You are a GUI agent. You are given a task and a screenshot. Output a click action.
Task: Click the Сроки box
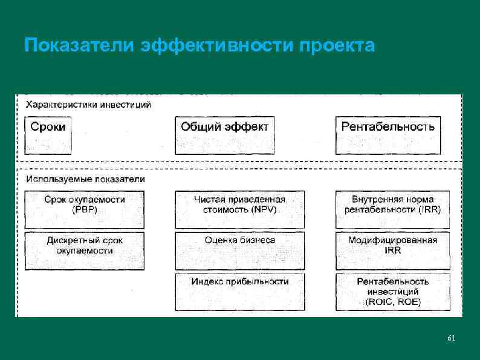[x=48, y=135]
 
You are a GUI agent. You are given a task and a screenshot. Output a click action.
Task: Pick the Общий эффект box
[x=224, y=135]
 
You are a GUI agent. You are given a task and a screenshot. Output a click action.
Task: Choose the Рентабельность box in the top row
[x=388, y=135]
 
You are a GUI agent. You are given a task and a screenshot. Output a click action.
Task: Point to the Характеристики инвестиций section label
[x=88, y=104]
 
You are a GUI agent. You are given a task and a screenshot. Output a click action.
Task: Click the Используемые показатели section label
[x=85, y=179]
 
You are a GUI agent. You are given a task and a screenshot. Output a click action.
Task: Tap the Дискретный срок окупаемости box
[x=85, y=250]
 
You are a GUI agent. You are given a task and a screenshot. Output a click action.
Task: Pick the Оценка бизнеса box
[x=239, y=250]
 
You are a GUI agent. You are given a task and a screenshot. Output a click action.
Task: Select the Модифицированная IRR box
[x=393, y=250]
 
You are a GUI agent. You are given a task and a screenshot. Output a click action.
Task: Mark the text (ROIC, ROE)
[x=393, y=301]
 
